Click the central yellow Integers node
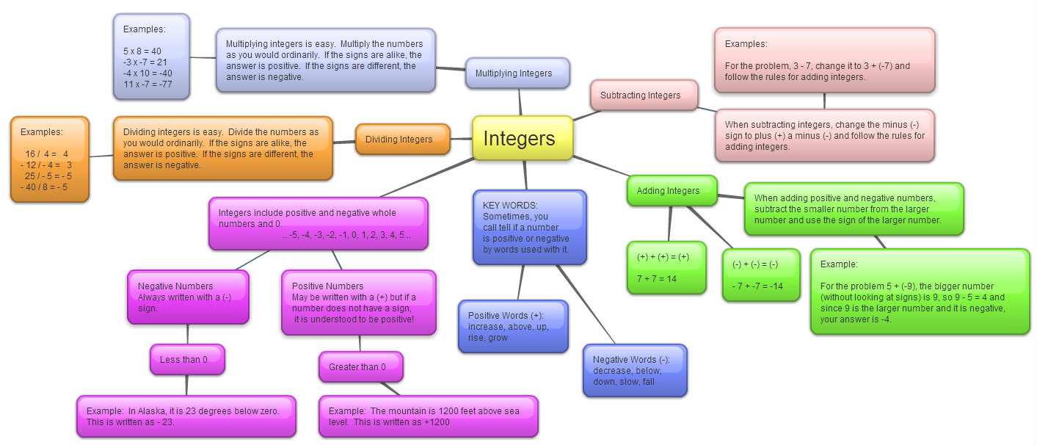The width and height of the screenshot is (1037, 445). pyautogui.click(x=522, y=138)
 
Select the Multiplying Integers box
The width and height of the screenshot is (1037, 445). pyautogui.click(x=517, y=73)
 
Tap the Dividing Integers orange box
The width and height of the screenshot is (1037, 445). pyautogui.click(x=402, y=139)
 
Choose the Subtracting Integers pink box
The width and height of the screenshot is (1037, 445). pyautogui.click(x=644, y=95)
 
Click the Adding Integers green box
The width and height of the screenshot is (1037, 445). pyautogui.click(x=672, y=191)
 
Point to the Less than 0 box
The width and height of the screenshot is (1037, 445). pyautogui.click(x=187, y=360)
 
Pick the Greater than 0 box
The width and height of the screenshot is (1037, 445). pyautogui.click(x=360, y=367)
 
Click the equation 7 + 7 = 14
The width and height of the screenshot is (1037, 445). pyautogui.click(x=656, y=279)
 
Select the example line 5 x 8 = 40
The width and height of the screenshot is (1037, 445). pyautogui.click(x=142, y=51)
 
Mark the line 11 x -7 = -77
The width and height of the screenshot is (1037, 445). pyautogui.click(x=148, y=84)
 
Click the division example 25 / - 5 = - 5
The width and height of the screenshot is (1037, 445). pyautogui.click(x=47, y=176)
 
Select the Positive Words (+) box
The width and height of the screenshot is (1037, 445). pyautogui.click(x=512, y=327)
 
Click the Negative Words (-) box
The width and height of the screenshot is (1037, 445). pyautogui.click(x=635, y=371)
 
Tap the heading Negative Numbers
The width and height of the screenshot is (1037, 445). pyautogui.click(x=175, y=286)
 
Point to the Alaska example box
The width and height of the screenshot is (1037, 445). pyautogui.click(x=186, y=416)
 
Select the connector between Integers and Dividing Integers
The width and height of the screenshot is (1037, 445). pyautogui.click(x=461, y=139)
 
